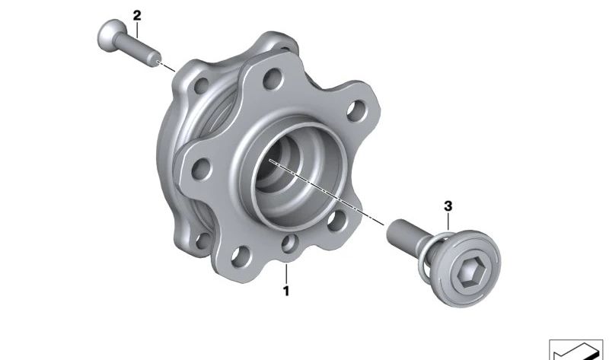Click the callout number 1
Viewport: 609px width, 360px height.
point(286,291)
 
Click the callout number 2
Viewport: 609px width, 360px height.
point(137,16)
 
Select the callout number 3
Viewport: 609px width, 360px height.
point(448,206)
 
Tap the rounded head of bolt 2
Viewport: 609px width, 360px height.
point(111,35)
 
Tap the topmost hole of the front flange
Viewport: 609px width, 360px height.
point(273,79)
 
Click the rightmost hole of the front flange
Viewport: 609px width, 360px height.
point(356,110)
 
